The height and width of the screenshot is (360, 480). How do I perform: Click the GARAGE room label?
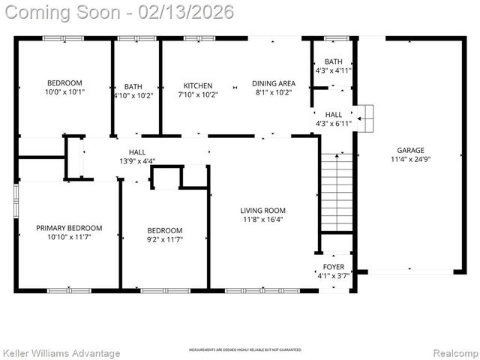coord(410,148)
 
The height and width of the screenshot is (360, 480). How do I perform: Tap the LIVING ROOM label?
coord(262,210)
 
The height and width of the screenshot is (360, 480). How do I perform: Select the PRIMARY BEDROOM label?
coord(69,227)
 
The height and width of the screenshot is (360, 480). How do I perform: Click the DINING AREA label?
coord(273,83)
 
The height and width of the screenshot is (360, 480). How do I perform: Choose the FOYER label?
coord(334,266)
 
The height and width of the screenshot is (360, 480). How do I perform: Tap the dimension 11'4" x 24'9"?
coord(410,158)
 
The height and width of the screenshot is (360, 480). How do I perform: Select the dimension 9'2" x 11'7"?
coord(164,239)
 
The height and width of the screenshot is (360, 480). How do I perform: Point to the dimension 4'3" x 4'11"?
coord(334,70)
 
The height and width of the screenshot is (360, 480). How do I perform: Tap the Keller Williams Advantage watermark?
coord(61,352)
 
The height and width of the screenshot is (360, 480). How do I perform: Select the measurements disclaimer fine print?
coord(244,350)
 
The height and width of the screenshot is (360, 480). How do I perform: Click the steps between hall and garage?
coord(364,114)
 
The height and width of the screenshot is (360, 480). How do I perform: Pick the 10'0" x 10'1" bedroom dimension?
coord(64,93)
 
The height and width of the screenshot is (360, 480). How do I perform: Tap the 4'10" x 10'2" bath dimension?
coord(134,95)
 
